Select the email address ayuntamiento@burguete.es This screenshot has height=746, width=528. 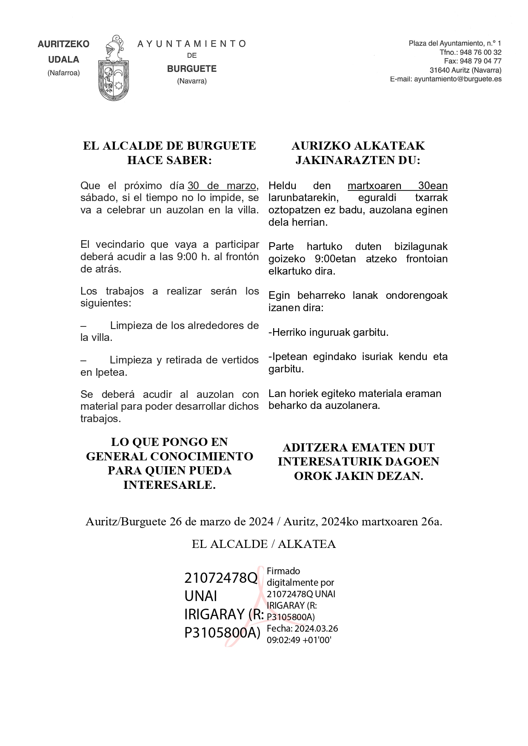click(458, 79)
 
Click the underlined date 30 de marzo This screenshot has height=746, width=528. click(222, 186)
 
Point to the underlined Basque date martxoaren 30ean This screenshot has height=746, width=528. click(397, 186)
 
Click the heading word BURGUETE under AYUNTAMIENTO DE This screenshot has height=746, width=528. click(191, 69)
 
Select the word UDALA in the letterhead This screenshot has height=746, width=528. click(63, 60)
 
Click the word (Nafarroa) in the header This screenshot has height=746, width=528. click(63, 73)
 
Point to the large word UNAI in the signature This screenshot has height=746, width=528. click(201, 596)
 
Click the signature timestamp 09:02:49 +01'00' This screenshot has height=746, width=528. click(299, 640)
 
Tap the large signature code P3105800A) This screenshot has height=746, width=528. click(222, 633)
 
